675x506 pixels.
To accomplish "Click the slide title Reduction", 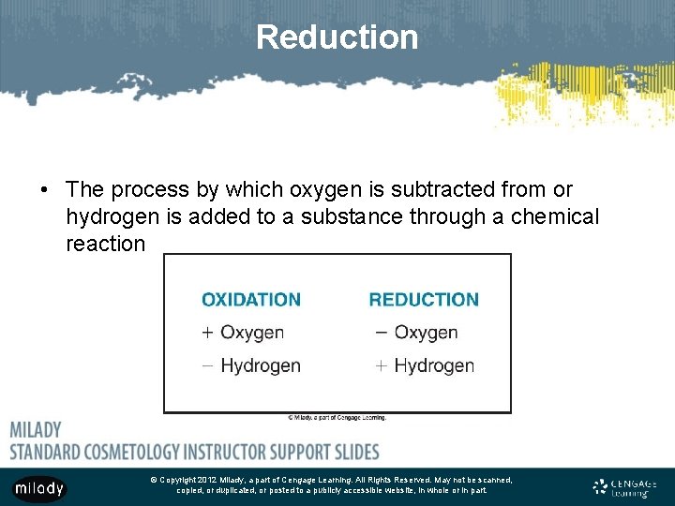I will tap(337, 37).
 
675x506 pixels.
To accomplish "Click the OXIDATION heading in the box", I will tap(251, 300).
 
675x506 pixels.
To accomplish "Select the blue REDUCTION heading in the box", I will tap(424, 300).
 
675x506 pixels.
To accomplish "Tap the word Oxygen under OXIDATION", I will tap(252, 333).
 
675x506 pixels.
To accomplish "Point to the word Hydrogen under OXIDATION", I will tap(261, 365).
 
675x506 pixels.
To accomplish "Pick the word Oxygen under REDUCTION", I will tap(426, 333).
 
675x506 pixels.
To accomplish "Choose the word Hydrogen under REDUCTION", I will tap(434, 365).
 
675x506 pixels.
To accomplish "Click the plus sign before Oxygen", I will tap(208, 333).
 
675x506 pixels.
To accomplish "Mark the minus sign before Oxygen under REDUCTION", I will tap(381, 332).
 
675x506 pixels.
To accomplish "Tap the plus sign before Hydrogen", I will tap(381, 365).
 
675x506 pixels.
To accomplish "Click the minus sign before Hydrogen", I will tap(207, 365).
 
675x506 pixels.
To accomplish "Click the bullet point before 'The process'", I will tap(44, 190).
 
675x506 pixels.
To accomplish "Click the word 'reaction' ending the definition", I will tap(106, 244).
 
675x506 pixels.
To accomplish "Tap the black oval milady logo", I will tap(39, 488).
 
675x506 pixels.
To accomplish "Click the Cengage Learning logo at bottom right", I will tap(625, 487).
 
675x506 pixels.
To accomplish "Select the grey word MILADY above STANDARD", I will tap(36, 429).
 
